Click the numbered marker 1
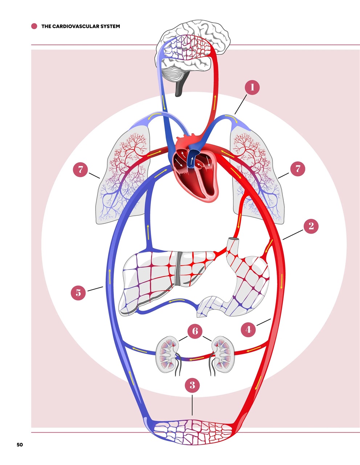253,88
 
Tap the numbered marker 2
311,226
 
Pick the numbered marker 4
248,329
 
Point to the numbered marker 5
78,292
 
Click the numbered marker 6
195,331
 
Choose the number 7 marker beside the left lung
81,169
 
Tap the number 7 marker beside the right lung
298,169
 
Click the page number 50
20,445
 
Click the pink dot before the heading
34,26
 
